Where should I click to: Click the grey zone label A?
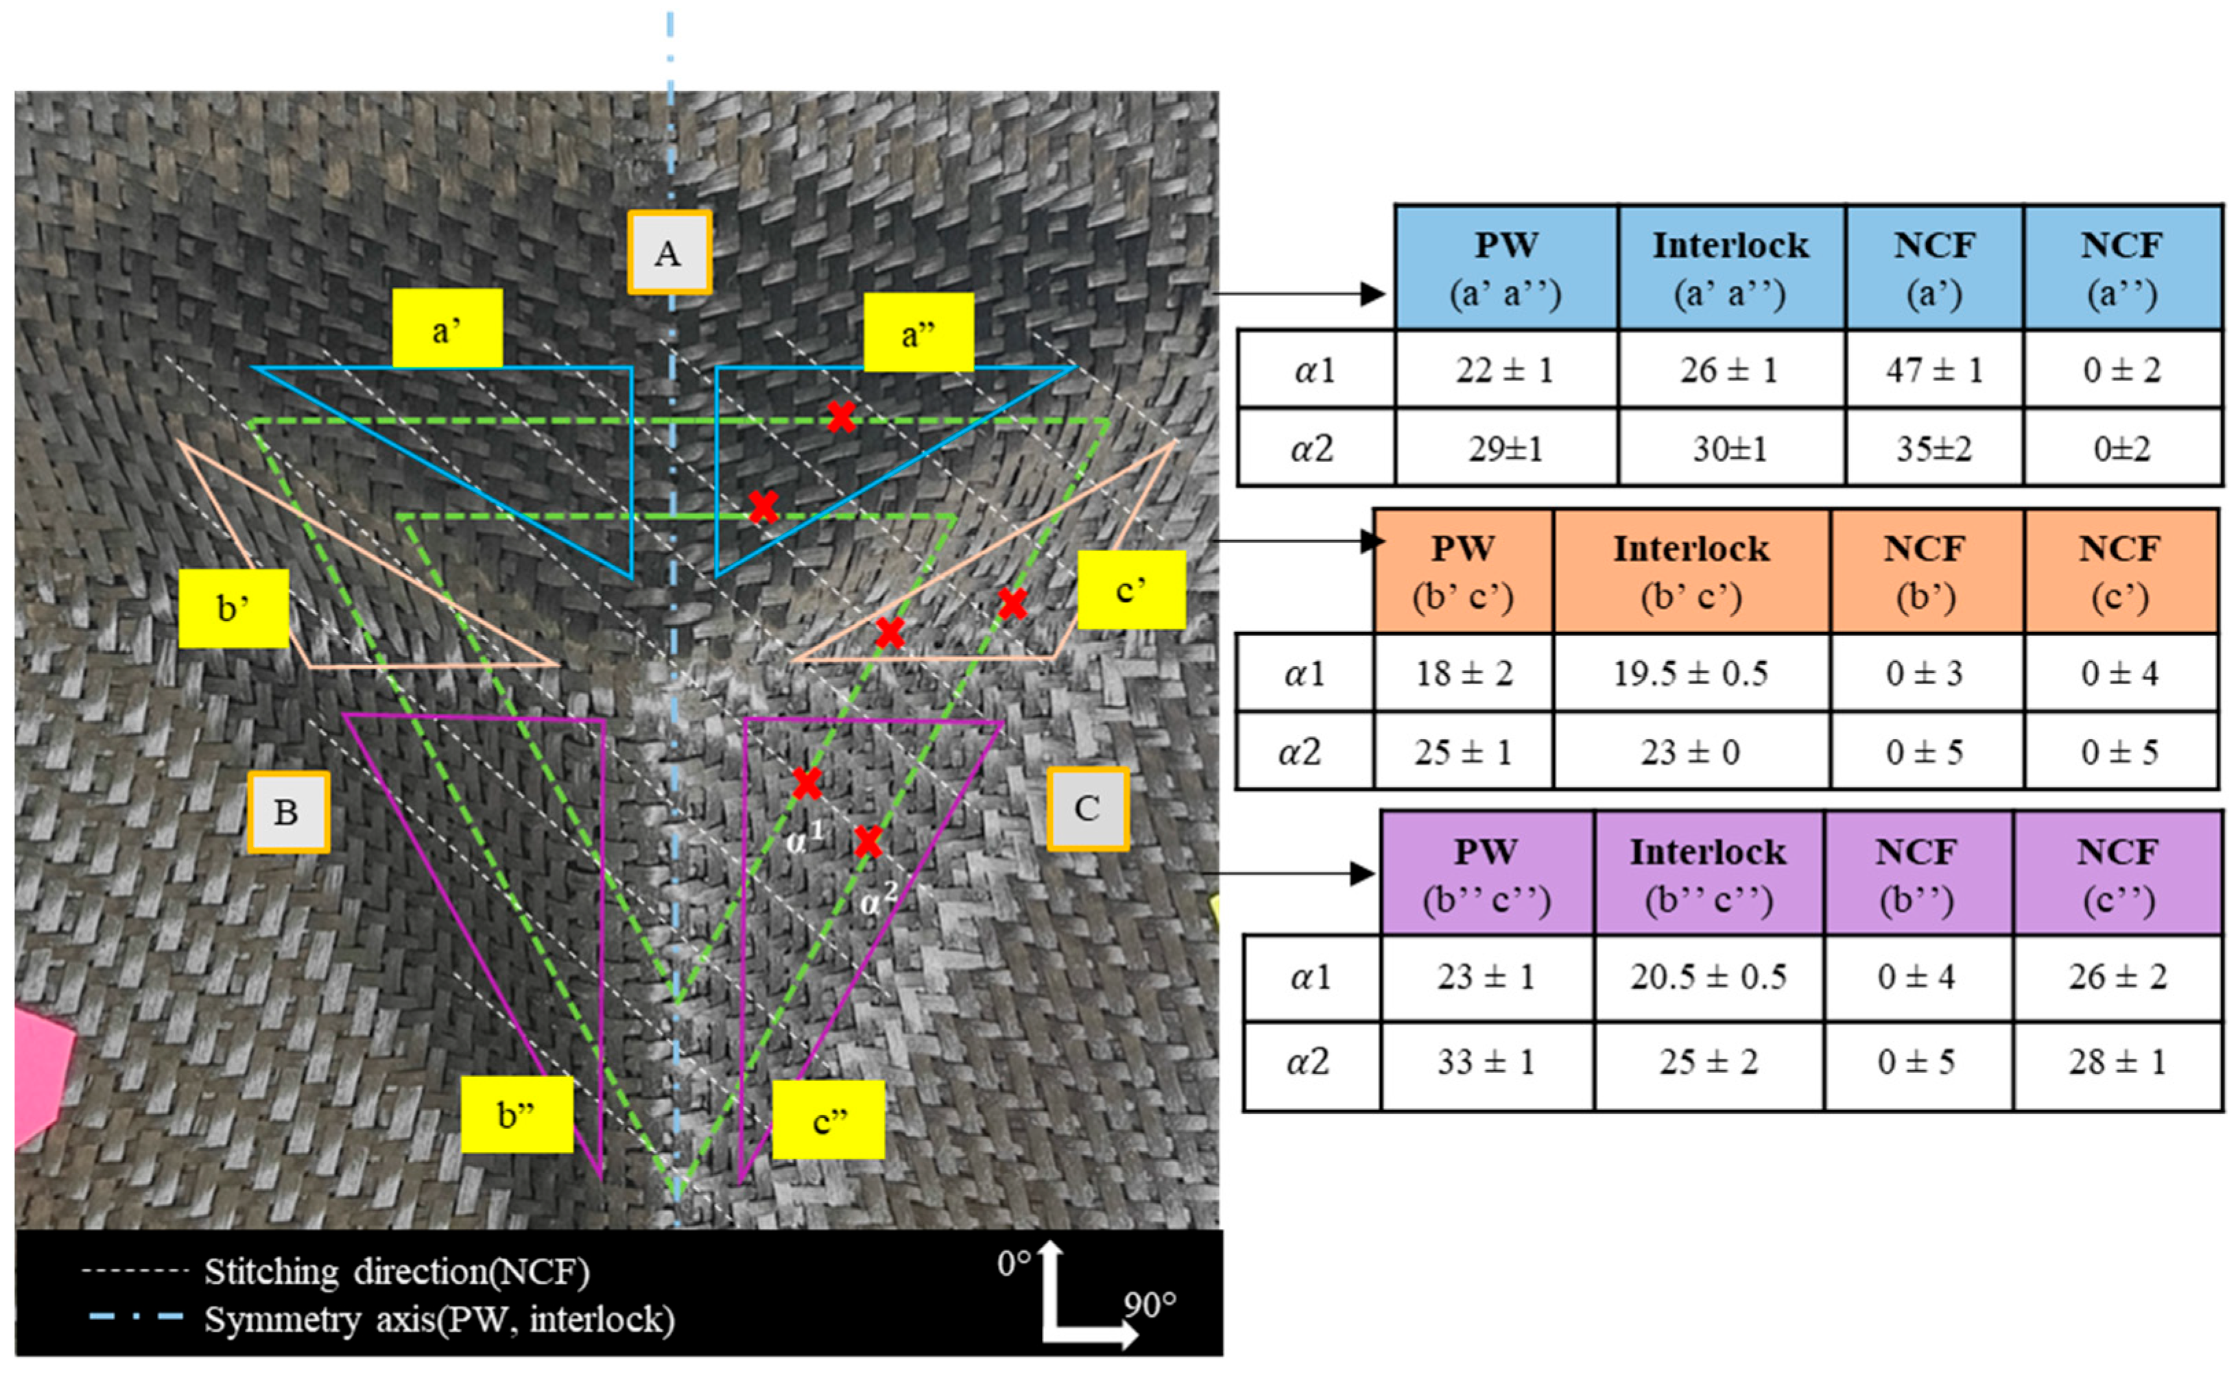669,252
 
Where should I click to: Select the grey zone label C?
1087,807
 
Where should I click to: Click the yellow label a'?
447,328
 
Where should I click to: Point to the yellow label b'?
233,609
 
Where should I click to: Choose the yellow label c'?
1131,589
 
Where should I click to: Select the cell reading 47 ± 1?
1934,370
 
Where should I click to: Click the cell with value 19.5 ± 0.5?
1690,673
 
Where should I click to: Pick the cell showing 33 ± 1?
1486,1061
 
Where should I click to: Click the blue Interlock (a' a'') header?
1730,268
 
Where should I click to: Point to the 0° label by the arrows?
1013,1263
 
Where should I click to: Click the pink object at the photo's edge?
41,1073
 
